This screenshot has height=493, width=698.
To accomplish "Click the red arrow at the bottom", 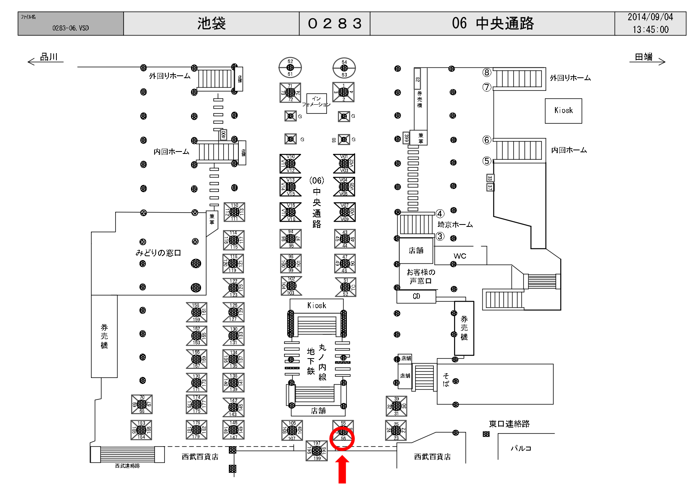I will tap(342, 470).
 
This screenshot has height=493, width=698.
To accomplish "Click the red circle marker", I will tap(342, 439).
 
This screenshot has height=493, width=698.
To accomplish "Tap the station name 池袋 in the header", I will tap(211, 24).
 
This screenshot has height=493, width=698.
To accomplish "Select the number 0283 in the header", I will tap(334, 24).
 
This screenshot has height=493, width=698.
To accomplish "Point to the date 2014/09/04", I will tap(650, 17).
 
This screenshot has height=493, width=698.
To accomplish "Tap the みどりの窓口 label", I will tap(158, 253).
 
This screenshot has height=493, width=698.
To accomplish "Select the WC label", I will tap(460, 256).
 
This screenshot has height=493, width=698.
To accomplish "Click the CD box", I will tap(416, 296).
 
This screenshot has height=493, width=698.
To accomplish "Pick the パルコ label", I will tap(520, 448).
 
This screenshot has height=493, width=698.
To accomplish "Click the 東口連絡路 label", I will tap(509, 424).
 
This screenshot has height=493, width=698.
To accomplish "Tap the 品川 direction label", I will tap(49, 57).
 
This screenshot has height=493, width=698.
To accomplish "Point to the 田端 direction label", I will tap(644, 57).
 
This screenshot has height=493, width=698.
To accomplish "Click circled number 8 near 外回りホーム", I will tap(487, 73).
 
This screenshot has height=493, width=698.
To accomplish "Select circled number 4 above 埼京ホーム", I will tap(440, 214).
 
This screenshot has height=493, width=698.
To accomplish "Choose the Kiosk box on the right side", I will tap(563, 111).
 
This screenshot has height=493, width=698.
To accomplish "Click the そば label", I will tap(446, 380).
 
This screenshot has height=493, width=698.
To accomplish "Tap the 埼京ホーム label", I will tap(455, 224).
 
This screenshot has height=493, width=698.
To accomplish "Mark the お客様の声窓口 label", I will tap(421, 276).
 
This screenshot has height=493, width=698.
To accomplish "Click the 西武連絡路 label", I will tap(127, 466).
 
